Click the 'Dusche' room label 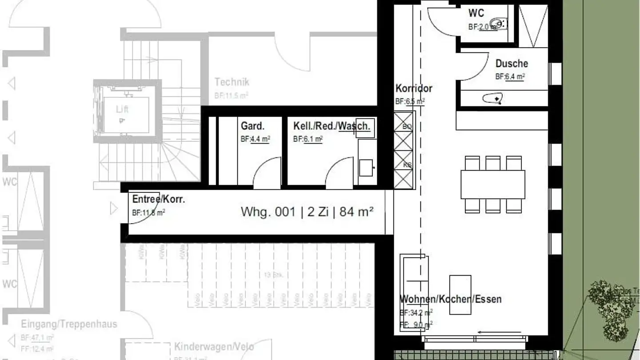click(512, 64)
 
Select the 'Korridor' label click(413, 88)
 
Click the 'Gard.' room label click(252, 126)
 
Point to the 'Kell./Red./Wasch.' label click(331, 126)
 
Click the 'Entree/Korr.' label click(159, 200)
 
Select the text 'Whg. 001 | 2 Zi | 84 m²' click(307, 212)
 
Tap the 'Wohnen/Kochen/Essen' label click(450, 299)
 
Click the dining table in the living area click(492, 184)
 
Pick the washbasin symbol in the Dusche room click(492, 98)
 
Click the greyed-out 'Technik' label click(232, 82)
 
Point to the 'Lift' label click(122, 109)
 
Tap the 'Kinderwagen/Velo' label click(214, 347)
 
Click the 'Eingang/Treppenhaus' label click(69, 324)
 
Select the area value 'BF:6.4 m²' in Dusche click(510, 76)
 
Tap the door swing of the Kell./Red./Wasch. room click(340, 172)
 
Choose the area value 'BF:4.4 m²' click(255, 139)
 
